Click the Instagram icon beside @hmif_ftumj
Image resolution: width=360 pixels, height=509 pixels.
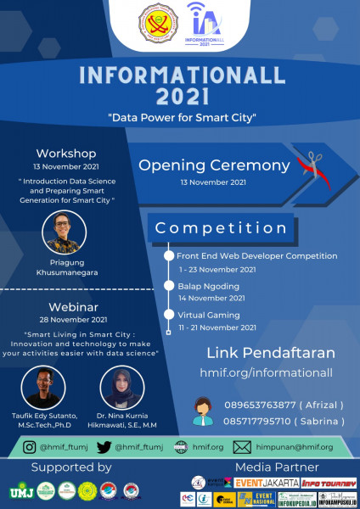30,447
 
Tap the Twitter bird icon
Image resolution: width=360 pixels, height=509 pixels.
102,447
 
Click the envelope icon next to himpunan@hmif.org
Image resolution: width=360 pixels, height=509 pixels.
242,447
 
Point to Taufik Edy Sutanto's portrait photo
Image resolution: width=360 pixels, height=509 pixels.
44,388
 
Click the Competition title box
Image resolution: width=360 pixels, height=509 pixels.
222,227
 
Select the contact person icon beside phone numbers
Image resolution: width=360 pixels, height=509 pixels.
204,411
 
